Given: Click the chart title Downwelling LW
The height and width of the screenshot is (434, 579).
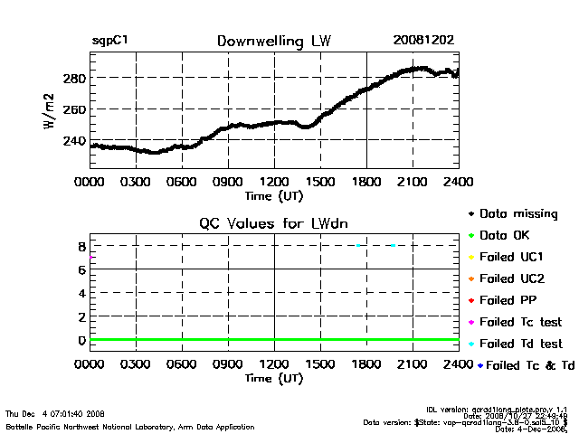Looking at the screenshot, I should pos(273,42).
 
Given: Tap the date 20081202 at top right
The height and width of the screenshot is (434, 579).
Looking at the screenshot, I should pos(422,42).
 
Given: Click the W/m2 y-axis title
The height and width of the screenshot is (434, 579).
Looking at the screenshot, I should pos(51,110).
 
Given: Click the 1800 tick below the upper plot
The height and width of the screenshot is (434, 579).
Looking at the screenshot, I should pos(366,182).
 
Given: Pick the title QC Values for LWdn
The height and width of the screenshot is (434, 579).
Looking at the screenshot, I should pos(273,223).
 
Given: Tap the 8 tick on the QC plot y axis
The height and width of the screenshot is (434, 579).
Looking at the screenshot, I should pos(81,246).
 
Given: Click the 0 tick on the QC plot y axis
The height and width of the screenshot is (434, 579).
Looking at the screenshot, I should pos(81,340).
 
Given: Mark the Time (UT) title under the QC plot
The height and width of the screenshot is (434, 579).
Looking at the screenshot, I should pos(273,378).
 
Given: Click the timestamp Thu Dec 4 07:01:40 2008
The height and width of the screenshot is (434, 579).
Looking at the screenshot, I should pos(54,413).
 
